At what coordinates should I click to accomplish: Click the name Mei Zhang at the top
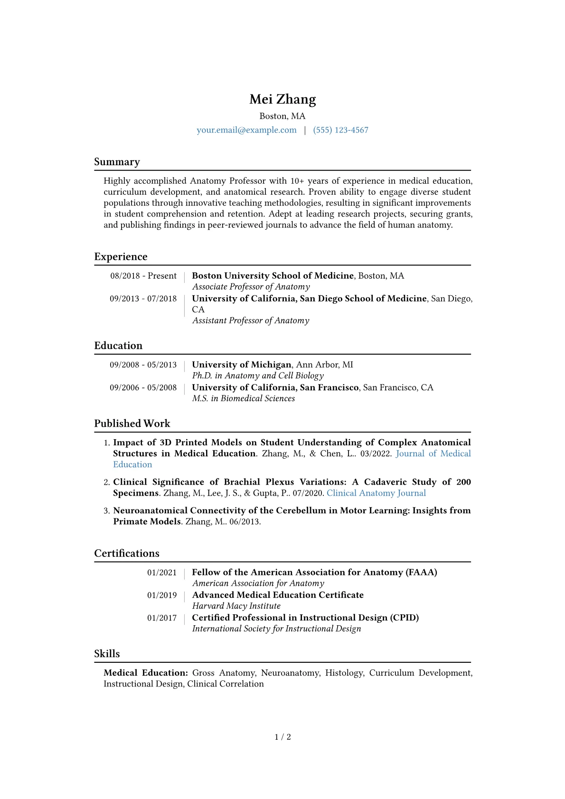click(x=282, y=99)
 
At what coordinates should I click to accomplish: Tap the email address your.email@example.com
click(x=246, y=130)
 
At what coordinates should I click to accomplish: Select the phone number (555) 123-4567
click(x=340, y=130)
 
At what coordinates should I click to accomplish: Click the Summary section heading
click(x=117, y=162)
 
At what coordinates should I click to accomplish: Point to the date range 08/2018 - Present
click(x=143, y=276)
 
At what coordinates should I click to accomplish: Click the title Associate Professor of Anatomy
click(x=251, y=287)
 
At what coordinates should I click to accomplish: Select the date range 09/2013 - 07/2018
click(x=143, y=299)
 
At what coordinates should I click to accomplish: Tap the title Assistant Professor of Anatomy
click(x=250, y=320)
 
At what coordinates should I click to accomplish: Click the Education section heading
click(x=118, y=346)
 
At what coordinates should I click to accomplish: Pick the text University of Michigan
click(x=242, y=365)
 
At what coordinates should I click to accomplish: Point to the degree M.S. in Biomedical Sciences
click(x=243, y=398)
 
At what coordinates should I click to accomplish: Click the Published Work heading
click(x=132, y=423)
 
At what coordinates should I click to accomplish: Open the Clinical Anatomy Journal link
click(x=376, y=493)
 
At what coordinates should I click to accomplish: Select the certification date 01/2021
click(x=161, y=573)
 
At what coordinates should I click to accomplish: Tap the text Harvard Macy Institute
click(x=236, y=606)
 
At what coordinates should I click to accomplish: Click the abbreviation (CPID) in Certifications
click(x=404, y=618)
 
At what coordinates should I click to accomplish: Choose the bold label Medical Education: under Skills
click(x=146, y=673)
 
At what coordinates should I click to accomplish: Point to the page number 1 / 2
click(x=282, y=737)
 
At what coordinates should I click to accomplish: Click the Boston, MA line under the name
click(x=282, y=116)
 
